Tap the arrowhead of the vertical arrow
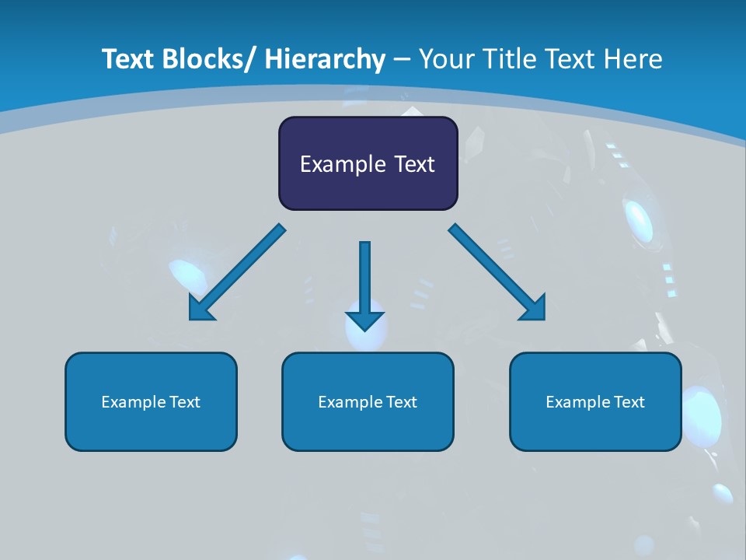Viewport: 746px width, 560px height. point(364,320)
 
